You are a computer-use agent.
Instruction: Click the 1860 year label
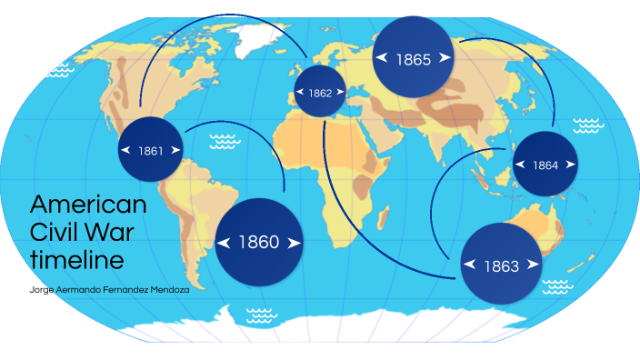pos(259,243)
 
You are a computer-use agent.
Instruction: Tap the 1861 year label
pos(151,151)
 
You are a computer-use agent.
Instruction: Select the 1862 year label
pos(320,93)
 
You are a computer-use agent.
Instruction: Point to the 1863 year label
pos(501,265)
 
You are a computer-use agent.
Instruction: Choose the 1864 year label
pos(545,165)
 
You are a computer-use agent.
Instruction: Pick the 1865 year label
pos(414,59)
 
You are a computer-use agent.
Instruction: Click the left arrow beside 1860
pos(225,243)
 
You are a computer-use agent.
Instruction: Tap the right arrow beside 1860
pos(294,243)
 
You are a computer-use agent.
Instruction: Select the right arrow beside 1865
pos(445,57)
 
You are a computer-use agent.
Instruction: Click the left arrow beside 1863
pos(469,265)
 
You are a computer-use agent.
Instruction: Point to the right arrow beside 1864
pos(570,165)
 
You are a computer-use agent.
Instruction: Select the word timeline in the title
pos(76,261)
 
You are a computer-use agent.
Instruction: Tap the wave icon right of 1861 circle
pos(224,142)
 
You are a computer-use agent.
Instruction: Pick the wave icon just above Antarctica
pos(261,315)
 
